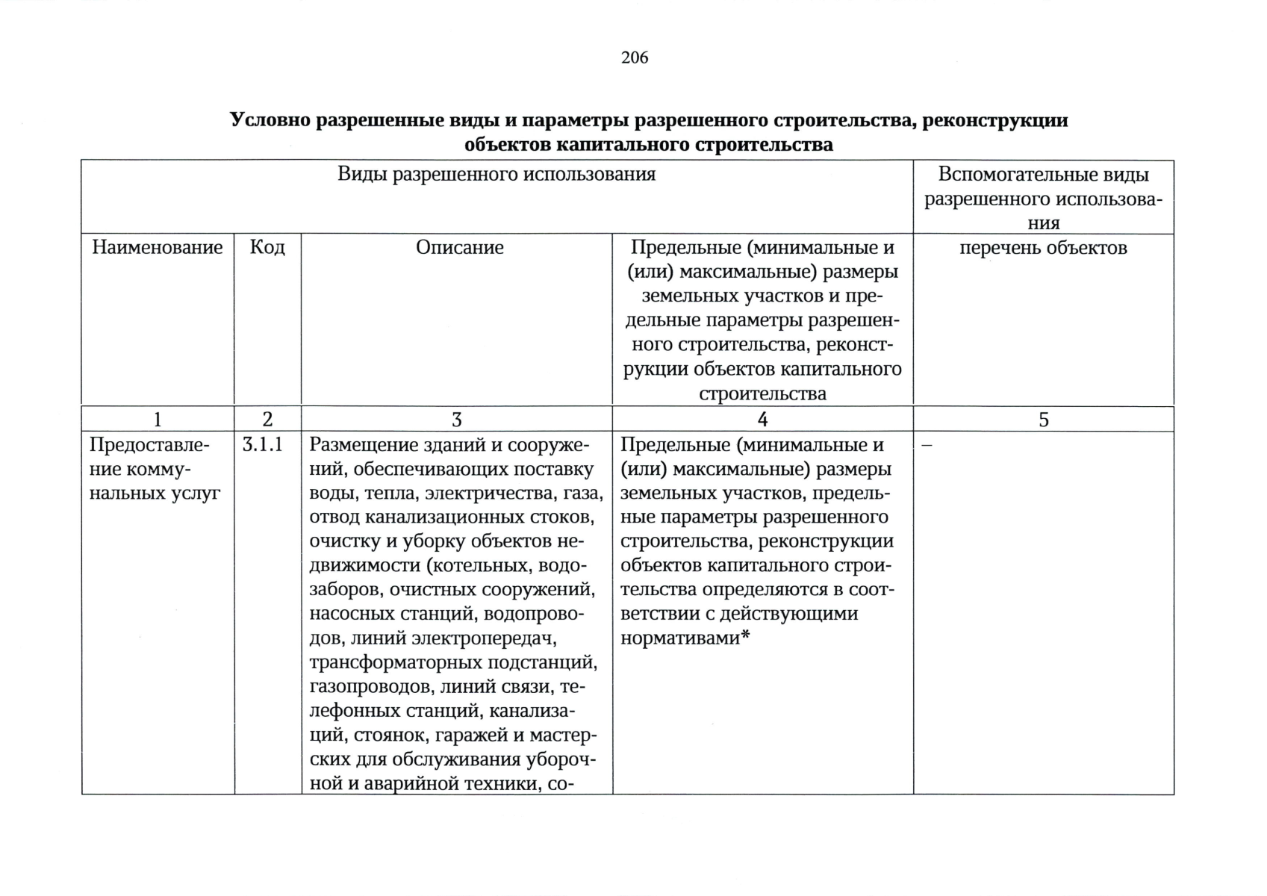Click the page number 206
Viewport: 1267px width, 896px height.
[634, 57]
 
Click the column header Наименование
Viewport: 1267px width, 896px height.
[157, 247]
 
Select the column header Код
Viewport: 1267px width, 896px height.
[267, 247]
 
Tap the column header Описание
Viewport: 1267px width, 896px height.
[459, 247]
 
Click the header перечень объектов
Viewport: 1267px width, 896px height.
[1042, 247]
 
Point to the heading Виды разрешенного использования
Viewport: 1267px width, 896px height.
[496, 174]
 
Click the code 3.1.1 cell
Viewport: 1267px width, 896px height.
[262, 445]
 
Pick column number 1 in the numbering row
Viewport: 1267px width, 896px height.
[157, 420]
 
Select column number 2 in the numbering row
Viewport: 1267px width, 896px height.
[267, 420]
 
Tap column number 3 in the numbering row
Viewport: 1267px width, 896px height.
[456, 420]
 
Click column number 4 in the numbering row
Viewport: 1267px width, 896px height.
[762, 420]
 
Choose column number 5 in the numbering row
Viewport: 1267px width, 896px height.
[1043, 420]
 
